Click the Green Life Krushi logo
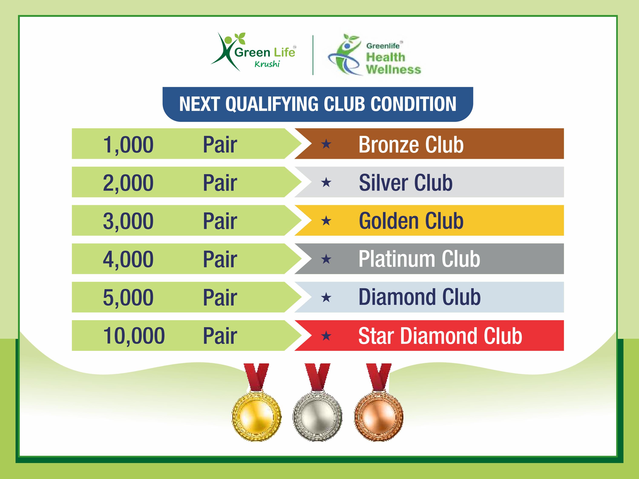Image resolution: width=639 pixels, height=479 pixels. (x=253, y=52)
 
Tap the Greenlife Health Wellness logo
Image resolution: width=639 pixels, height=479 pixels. (x=374, y=55)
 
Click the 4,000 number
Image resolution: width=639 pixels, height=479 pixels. (x=128, y=259)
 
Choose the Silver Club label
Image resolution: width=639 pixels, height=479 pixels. (x=406, y=182)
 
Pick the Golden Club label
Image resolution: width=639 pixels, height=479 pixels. (x=411, y=221)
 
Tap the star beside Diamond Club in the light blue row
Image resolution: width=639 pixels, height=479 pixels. (x=326, y=297)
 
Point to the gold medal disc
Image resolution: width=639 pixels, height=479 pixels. (x=256, y=416)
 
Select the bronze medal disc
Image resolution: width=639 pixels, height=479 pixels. (x=379, y=416)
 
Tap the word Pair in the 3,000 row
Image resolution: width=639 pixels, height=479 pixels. (x=220, y=221)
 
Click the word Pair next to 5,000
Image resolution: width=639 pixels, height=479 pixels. (x=220, y=298)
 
